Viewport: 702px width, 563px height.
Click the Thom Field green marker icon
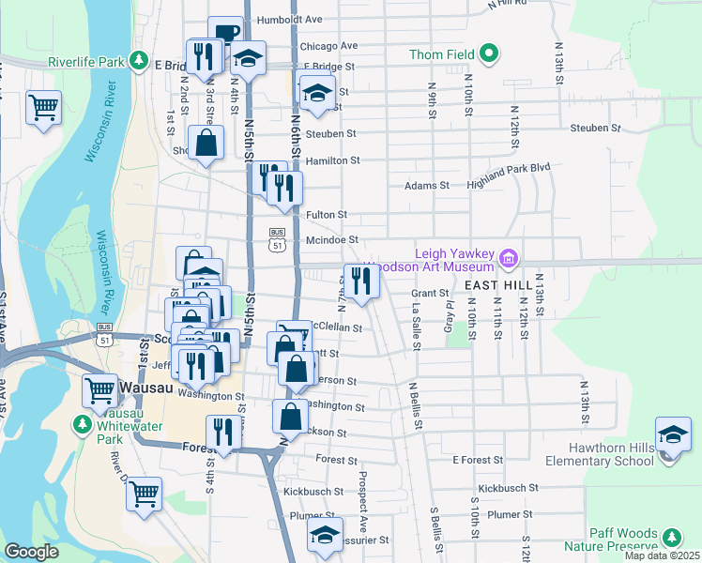(x=488, y=53)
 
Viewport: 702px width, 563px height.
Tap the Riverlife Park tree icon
(x=139, y=61)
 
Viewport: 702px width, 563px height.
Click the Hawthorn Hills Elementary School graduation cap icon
(x=672, y=436)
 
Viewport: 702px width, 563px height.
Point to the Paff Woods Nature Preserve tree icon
(x=672, y=538)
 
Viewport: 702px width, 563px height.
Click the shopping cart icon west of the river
(x=44, y=107)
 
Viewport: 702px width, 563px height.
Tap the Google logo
(x=31, y=552)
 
